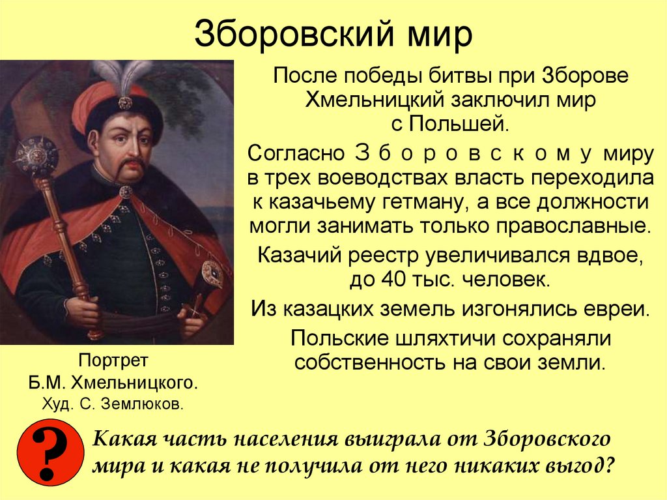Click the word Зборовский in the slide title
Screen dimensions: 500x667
click(x=287, y=35)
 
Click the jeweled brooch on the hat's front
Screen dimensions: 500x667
click(x=124, y=102)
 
